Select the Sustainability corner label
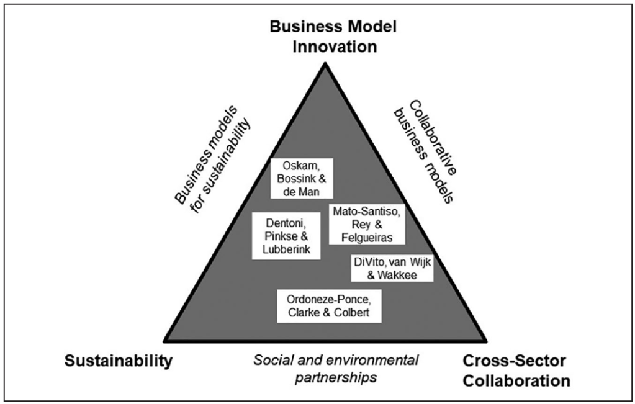(117, 361)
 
